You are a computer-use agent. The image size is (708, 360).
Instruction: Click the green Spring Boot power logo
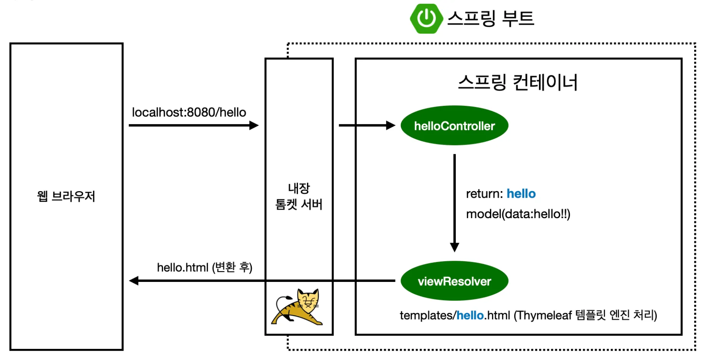point(425,18)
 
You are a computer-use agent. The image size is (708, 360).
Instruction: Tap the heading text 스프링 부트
point(491,18)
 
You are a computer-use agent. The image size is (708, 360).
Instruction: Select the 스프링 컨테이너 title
point(518,82)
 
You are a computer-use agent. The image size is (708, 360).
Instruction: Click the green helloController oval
point(454,125)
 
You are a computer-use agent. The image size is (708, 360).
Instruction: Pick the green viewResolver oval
point(454,281)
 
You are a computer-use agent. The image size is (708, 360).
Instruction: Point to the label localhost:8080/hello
point(189,112)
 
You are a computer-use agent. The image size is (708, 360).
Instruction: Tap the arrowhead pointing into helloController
point(391,125)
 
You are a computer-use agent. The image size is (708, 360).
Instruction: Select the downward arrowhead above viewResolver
point(454,247)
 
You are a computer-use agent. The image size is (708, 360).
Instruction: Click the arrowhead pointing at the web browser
point(134,281)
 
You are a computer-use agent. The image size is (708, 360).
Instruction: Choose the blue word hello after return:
point(521,193)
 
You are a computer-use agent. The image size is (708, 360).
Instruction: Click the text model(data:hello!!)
point(518,214)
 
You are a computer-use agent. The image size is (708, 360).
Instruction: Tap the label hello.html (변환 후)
point(204,267)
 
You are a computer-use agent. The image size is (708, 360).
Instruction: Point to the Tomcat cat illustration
point(298,307)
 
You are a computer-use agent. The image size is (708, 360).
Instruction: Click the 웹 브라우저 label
point(66,197)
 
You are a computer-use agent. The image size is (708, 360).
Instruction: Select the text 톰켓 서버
point(299,204)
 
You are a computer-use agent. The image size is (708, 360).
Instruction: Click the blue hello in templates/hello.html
point(470,315)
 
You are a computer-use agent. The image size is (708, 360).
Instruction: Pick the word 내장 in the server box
point(299,188)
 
